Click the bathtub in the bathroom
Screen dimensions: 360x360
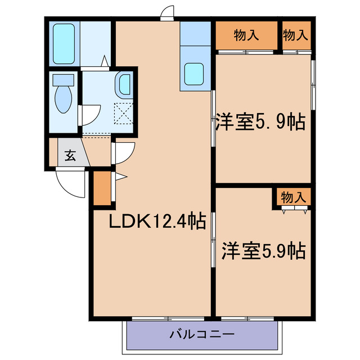64,43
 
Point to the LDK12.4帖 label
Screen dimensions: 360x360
156,221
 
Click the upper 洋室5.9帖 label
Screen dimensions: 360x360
260,121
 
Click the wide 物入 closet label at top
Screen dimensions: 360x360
246,35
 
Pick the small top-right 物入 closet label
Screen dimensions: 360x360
295,35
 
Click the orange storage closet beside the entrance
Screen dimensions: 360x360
102,188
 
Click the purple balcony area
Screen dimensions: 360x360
169,336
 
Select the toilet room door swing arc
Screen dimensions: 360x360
89,115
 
